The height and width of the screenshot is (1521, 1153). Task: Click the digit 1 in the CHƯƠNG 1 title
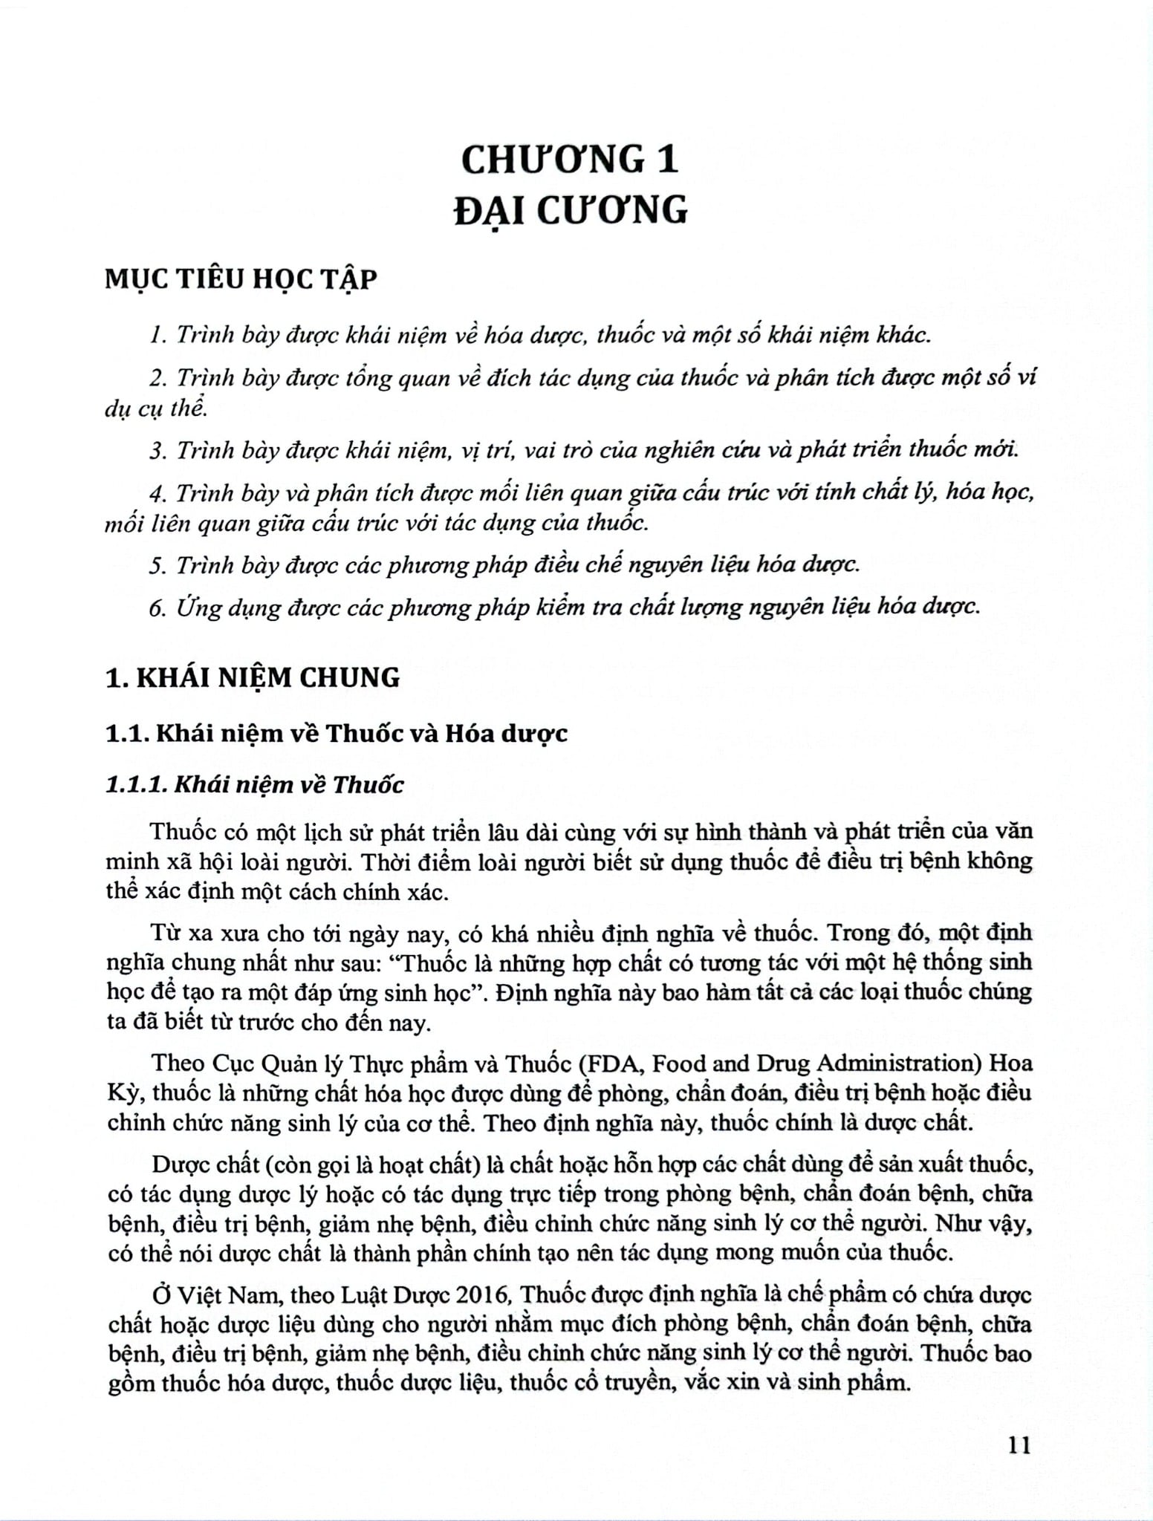point(666,160)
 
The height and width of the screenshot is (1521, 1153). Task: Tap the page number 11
point(1017,1445)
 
